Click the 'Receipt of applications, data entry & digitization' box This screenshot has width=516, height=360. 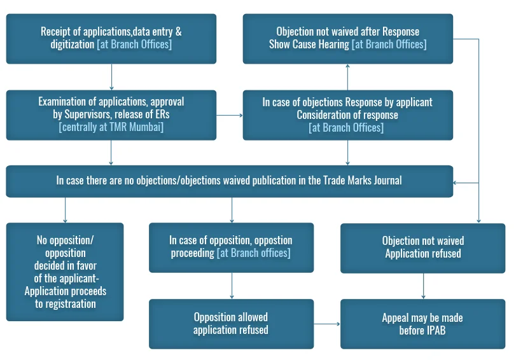tap(111, 38)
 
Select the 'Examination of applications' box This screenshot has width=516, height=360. tap(111, 114)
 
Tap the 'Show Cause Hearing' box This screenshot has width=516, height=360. tap(347, 38)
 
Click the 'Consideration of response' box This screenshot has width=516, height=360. tap(347, 114)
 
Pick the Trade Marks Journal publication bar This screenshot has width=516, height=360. tap(229, 181)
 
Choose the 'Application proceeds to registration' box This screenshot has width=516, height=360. tap(65, 271)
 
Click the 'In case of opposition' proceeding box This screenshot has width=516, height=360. tap(231, 247)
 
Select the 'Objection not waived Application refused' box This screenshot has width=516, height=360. tap(423, 247)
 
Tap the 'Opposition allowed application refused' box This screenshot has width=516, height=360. tap(231, 323)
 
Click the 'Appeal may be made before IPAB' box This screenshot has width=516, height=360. tap(423, 323)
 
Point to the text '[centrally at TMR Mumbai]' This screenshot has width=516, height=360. tap(111, 127)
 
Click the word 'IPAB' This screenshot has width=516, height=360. tap(432, 330)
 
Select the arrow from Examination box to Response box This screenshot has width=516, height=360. tap(230, 115)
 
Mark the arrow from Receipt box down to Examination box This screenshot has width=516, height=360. tap(111, 77)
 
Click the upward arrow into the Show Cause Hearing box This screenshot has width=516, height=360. tap(347, 77)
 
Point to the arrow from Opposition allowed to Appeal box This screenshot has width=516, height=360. tap(327, 324)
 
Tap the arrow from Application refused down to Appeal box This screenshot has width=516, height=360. tap(423, 286)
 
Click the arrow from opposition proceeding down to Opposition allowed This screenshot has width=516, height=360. tap(232, 286)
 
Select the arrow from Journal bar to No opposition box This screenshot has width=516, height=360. tap(65, 209)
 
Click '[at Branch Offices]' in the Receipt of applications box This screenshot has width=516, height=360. tap(134, 45)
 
